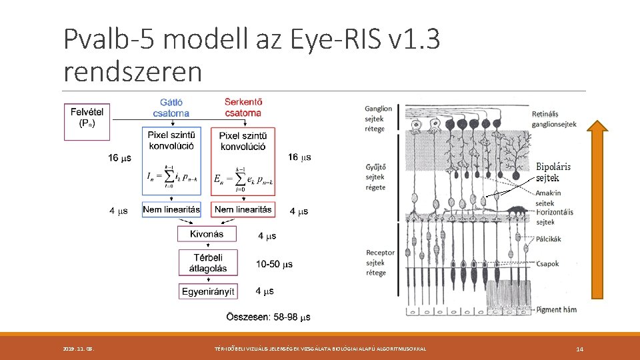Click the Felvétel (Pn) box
click(x=87, y=121)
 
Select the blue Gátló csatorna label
click(x=171, y=108)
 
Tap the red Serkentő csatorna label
click(x=243, y=108)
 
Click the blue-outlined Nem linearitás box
click(x=171, y=209)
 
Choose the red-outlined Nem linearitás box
click(x=243, y=209)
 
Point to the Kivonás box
click(x=207, y=235)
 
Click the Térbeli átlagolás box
click(x=207, y=263)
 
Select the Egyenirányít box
click(x=207, y=291)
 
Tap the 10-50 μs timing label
click(x=274, y=265)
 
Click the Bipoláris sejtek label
click(x=553, y=172)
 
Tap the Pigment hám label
click(x=556, y=309)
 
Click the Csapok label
click(x=547, y=264)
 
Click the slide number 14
click(x=579, y=349)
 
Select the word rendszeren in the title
click(x=132, y=71)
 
